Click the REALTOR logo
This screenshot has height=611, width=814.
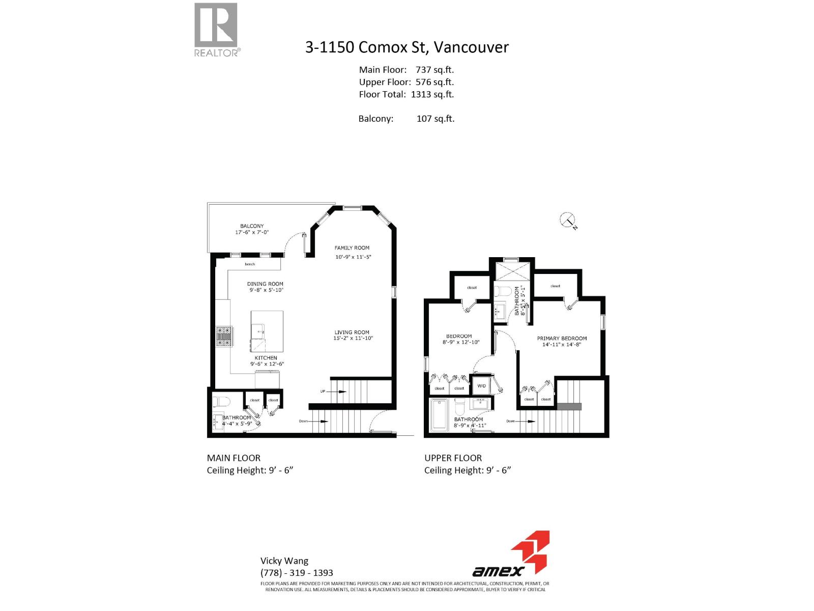pos(216,30)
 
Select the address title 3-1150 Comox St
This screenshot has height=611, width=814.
pos(406,47)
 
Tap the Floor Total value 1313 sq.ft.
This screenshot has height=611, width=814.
pos(432,94)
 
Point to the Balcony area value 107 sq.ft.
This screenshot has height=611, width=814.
pos(435,119)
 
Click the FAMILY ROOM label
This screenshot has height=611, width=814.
pos(352,248)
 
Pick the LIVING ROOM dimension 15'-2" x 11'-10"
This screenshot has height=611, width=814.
pos(353,338)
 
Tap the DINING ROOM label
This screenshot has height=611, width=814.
pos(265,284)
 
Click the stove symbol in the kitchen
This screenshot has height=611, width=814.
pos(224,336)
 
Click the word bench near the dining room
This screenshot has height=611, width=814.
pos(250,264)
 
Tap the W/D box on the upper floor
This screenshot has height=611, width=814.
pos(481,386)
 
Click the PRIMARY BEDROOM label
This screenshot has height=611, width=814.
pos(562,338)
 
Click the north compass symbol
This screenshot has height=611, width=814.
pos(567,220)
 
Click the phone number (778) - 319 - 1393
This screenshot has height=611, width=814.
pos(297,573)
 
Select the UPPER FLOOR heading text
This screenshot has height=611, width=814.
pos(453,458)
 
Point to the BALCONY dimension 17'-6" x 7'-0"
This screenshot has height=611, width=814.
pos(252,232)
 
